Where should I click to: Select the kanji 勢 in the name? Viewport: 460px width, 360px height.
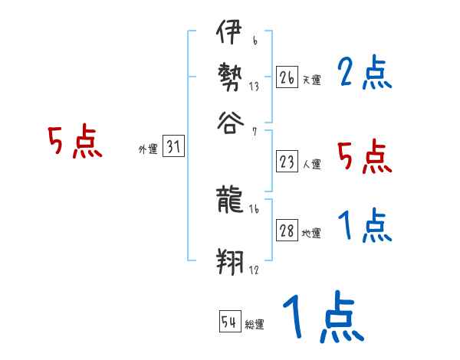(228, 77)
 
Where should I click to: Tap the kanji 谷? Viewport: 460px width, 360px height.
(228, 119)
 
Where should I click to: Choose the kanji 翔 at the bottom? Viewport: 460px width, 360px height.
(228, 263)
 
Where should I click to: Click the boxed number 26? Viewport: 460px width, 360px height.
(287, 77)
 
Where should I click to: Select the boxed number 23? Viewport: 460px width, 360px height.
(287, 162)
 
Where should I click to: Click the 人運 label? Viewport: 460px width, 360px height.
(311, 164)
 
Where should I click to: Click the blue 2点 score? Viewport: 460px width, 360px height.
(363, 74)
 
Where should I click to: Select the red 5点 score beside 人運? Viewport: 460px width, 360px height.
(364, 157)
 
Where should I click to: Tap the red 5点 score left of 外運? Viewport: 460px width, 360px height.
(75, 143)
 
